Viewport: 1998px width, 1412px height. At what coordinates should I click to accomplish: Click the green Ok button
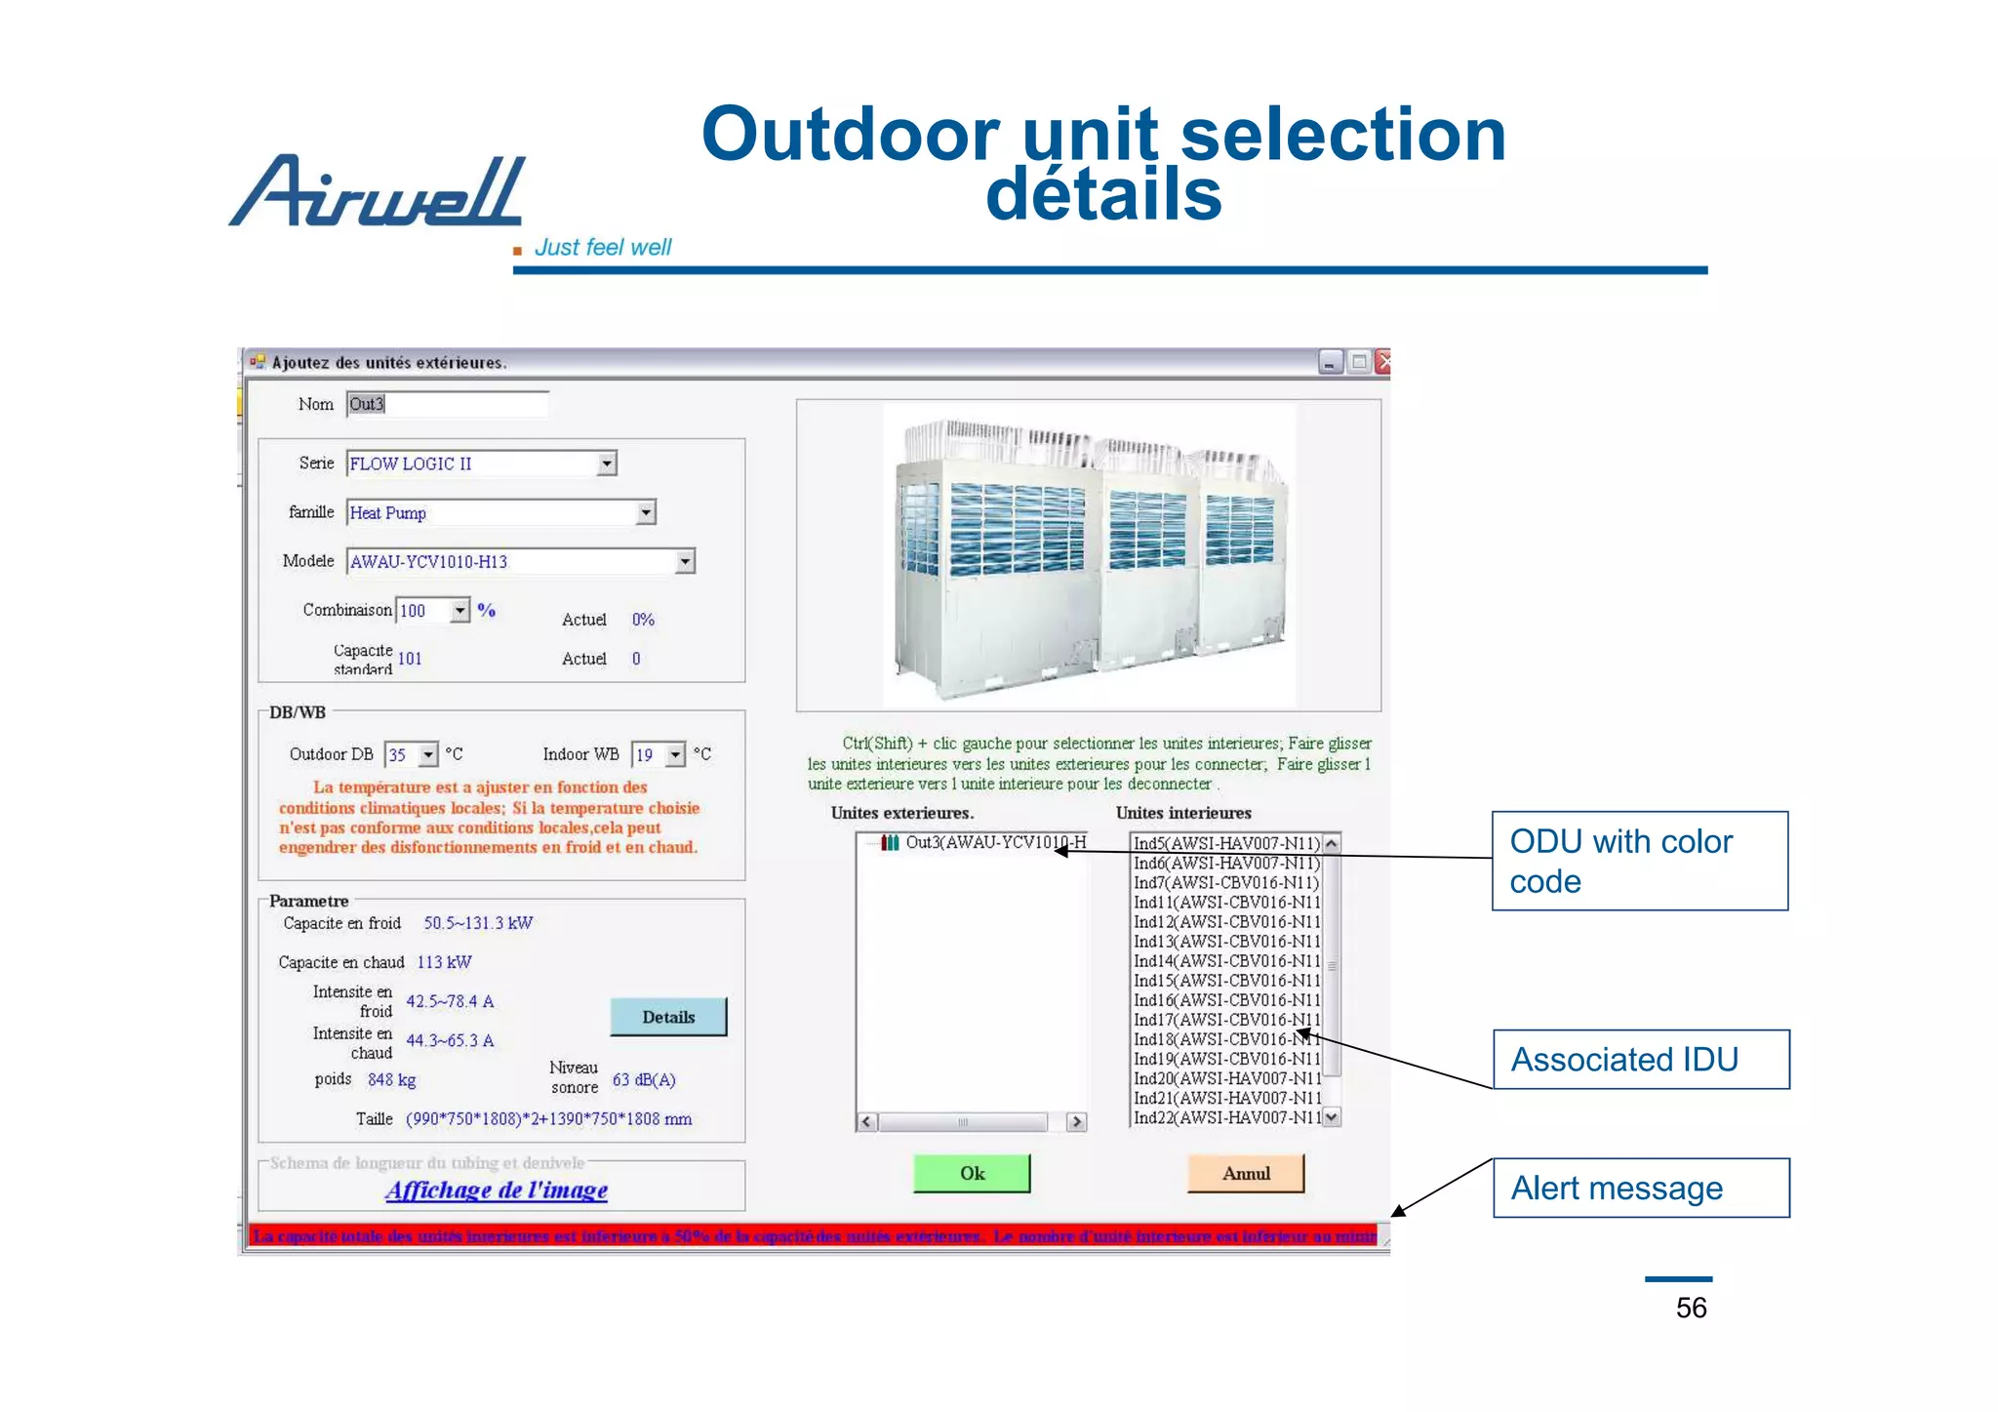pyautogui.click(x=971, y=1173)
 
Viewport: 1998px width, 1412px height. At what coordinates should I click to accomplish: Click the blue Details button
pyautogui.click(x=668, y=1017)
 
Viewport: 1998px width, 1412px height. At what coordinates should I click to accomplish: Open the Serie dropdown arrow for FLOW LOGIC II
pyautogui.click(x=607, y=464)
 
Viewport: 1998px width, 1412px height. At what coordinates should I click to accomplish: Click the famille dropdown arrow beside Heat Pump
pyautogui.click(x=646, y=512)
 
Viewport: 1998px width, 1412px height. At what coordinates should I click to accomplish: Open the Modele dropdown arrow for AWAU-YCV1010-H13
pyautogui.click(x=685, y=561)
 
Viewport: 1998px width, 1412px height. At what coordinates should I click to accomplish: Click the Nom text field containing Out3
pyautogui.click(x=447, y=404)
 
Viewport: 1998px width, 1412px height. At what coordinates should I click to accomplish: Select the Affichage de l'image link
pyautogui.click(x=497, y=1190)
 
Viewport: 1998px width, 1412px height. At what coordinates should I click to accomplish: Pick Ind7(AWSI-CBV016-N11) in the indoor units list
pyautogui.click(x=1225, y=882)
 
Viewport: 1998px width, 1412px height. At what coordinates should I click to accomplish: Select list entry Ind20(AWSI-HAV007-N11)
pyautogui.click(x=1225, y=1078)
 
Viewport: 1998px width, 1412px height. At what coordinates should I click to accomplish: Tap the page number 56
pyautogui.click(x=1691, y=1308)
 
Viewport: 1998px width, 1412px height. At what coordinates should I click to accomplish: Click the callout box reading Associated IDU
pyautogui.click(x=1641, y=1059)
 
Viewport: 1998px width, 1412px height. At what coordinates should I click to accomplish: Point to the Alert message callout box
pyautogui.click(x=1641, y=1188)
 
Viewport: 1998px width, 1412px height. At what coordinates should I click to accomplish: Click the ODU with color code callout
pyautogui.click(x=1639, y=861)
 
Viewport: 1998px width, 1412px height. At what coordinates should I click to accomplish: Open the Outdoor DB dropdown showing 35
pyautogui.click(x=428, y=754)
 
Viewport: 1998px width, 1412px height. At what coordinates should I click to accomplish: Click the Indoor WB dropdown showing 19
pyautogui.click(x=675, y=754)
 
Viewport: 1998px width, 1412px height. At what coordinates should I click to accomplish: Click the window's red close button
pyautogui.click(x=1382, y=362)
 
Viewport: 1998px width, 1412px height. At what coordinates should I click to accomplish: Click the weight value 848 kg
pyautogui.click(x=391, y=1079)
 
